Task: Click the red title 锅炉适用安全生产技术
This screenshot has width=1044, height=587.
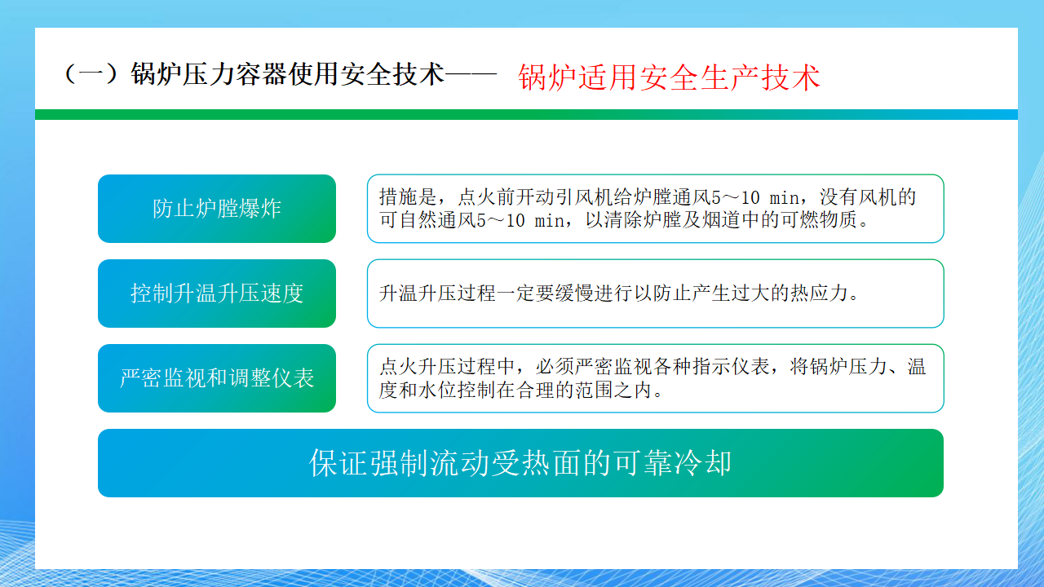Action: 669,77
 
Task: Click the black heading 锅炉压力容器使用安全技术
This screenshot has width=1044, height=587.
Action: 288,74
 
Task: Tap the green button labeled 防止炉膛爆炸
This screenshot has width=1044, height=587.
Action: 217,209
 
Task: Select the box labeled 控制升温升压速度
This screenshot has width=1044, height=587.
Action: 217,293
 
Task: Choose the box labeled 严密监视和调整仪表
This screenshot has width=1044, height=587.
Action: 217,378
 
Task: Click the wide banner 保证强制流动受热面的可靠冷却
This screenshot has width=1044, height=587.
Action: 520,463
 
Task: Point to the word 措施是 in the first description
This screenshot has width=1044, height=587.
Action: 408,197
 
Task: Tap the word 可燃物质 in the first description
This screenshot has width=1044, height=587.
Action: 819,220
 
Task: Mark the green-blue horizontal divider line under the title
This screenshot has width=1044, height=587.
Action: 526,115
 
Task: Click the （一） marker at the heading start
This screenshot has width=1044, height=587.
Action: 91,74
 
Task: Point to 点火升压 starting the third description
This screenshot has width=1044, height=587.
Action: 418,367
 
